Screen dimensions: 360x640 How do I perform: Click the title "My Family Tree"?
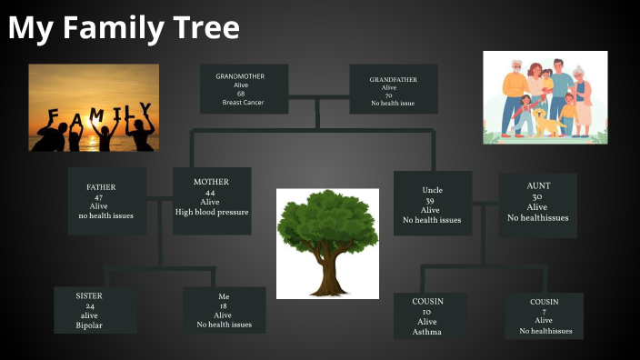[x=124, y=29]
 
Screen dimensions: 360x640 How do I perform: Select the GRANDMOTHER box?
[x=244, y=89]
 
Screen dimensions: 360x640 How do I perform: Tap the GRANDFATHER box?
[x=393, y=90]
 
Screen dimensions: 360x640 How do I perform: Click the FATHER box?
[x=106, y=201]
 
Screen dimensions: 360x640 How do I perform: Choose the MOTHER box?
[x=211, y=200]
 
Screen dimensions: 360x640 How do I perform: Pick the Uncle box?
[x=432, y=204]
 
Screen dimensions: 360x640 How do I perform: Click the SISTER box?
[x=95, y=310]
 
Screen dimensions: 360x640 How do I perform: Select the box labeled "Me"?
[x=224, y=310]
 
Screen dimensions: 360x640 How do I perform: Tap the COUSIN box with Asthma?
[x=429, y=315]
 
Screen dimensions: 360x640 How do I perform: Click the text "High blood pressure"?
[x=212, y=213]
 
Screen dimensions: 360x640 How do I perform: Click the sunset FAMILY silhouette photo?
[x=93, y=106]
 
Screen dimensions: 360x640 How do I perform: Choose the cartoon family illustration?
[x=545, y=97]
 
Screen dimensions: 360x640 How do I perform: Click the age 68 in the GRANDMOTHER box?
[x=240, y=94]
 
